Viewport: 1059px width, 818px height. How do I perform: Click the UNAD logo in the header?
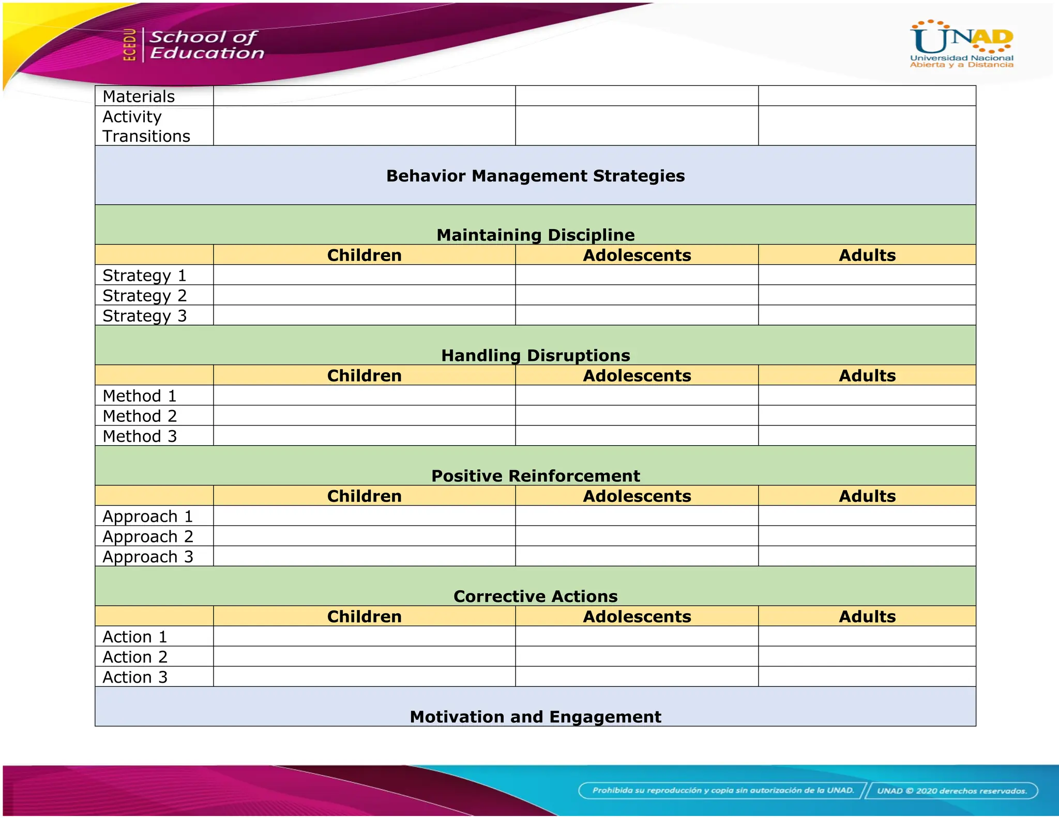pos(961,44)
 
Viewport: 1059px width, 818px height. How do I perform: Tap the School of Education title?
pos(206,45)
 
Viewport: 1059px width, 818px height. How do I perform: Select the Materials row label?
pos(139,97)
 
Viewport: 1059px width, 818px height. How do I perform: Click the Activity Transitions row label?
pos(146,126)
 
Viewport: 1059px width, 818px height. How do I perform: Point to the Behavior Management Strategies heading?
pos(535,176)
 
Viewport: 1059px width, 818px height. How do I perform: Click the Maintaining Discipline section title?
pos(535,235)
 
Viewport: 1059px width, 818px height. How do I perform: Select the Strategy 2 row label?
pos(144,296)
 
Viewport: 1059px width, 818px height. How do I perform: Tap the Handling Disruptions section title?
pos(535,355)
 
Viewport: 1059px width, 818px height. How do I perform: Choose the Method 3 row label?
pos(140,436)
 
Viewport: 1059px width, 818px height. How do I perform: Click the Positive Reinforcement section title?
pos(535,476)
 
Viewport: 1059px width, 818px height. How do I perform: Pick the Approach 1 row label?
pos(147,517)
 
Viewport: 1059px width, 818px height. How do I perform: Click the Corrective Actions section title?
pos(535,596)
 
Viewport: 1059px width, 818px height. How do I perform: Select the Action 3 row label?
pos(135,677)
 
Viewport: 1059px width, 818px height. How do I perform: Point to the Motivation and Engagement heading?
pos(535,717)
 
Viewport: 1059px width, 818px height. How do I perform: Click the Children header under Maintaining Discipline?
pos(364,255)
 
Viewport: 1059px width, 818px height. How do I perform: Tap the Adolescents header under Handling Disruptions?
pos(637,375)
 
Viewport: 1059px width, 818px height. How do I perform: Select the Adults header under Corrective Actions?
pos(867,616)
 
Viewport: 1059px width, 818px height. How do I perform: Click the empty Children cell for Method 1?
pos(364,396)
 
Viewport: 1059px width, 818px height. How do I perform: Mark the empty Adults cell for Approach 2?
pos(867,536)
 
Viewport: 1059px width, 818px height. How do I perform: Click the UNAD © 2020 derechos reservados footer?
pos(951,791)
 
